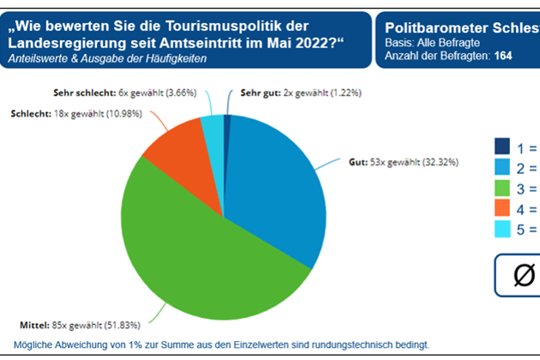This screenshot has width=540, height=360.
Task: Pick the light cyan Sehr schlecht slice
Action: click(x=213, y=127)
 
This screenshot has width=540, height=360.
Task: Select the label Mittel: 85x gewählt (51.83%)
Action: click(x=80, y=325)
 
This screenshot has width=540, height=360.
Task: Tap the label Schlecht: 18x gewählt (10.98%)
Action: click(x=69, y=115)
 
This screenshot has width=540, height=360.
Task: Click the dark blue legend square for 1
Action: click(x=502, y=147)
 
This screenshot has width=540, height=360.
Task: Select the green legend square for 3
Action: click(x=502, y=188)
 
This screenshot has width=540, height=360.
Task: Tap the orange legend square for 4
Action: click(x=502, y=208)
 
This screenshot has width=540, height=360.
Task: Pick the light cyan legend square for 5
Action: click(x=502, y=229)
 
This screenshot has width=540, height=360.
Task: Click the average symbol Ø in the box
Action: click(x=524, y=275)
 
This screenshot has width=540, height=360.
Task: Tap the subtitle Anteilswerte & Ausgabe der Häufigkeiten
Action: click(x=107, y=57)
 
